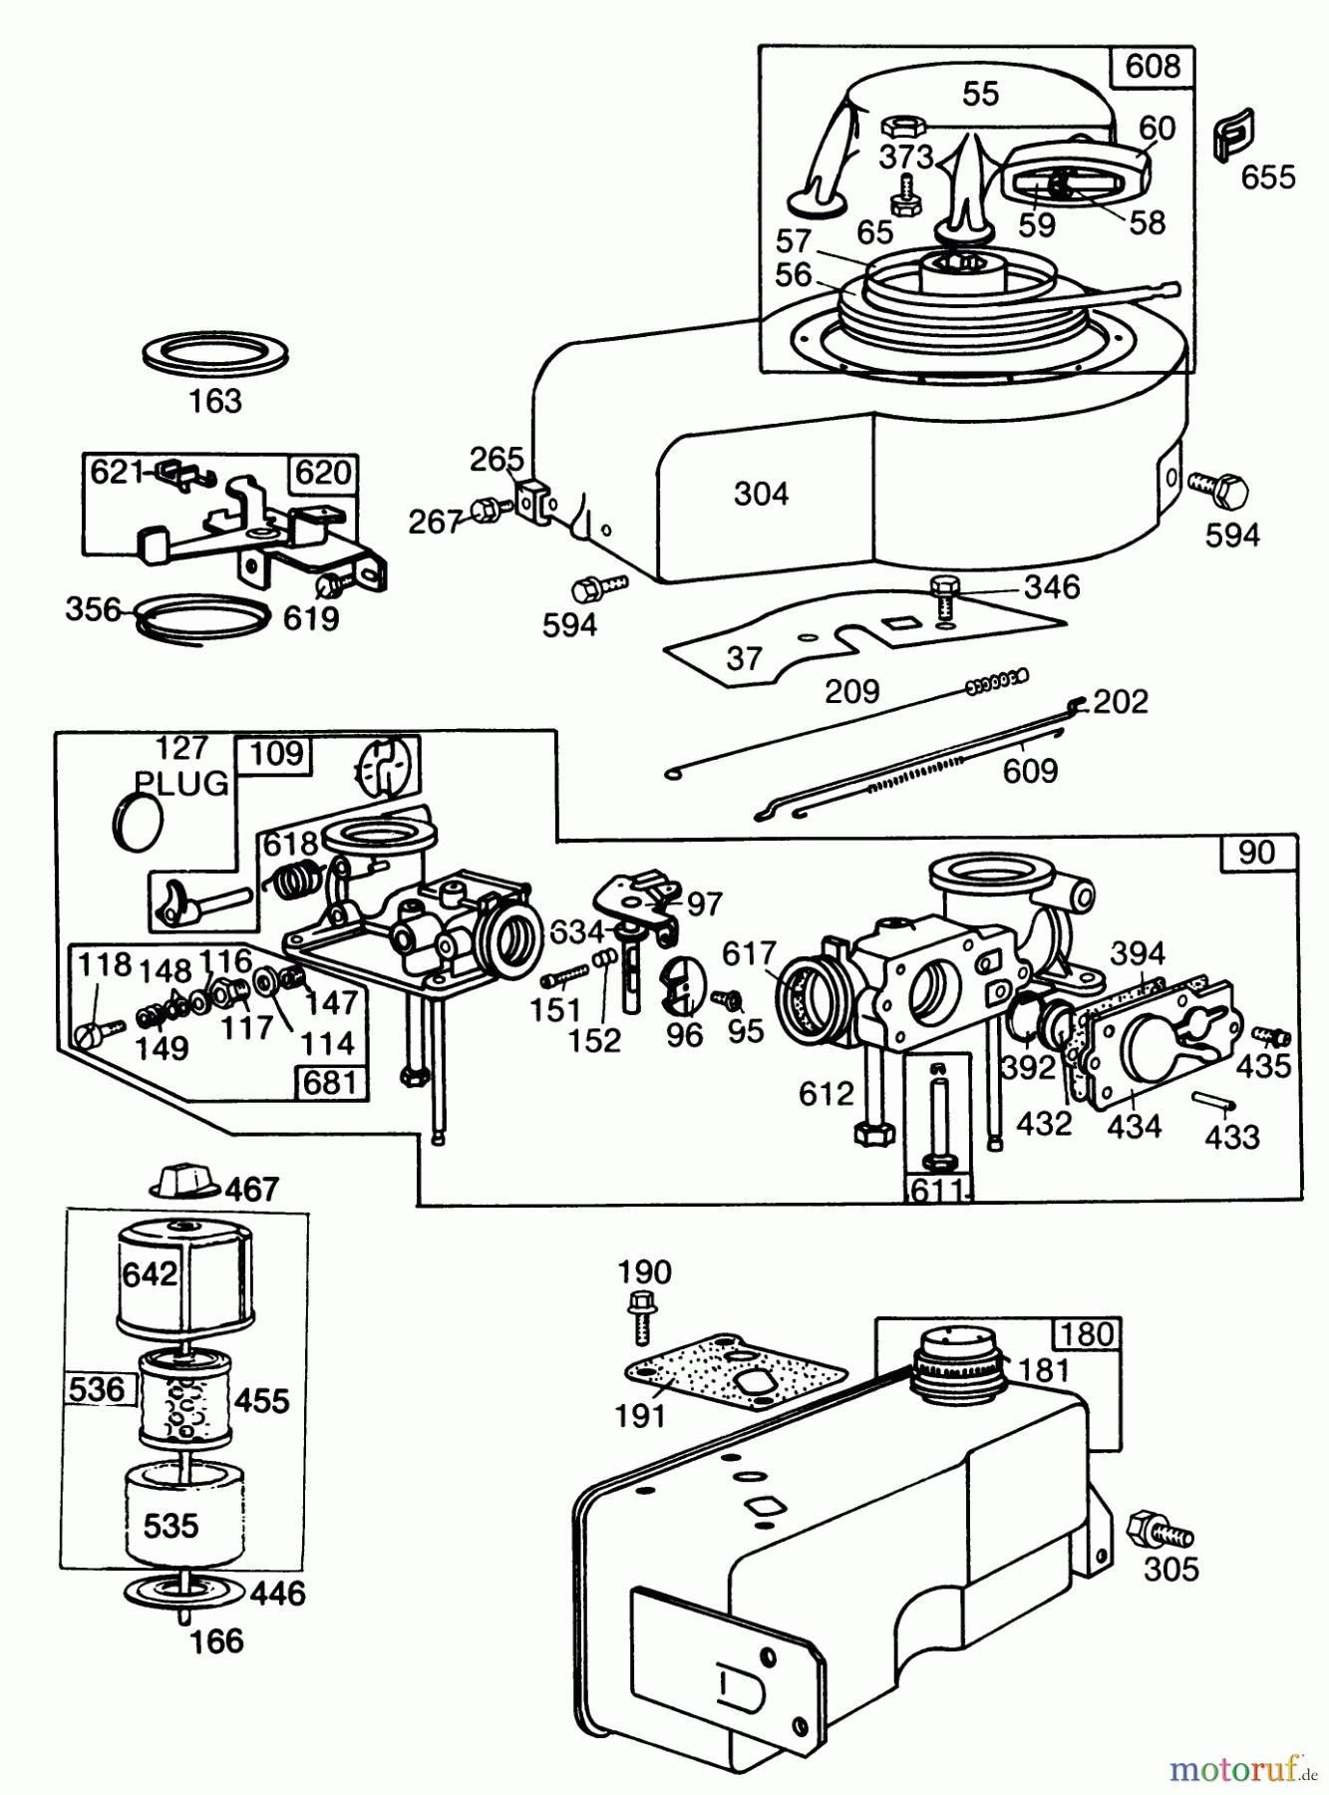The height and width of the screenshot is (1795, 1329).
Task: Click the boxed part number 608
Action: (1152, 66)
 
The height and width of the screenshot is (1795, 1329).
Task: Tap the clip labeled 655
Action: (1233, 136)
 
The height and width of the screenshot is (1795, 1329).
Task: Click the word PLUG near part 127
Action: (182, 783)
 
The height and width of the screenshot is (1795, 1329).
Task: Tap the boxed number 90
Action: (1256, 852)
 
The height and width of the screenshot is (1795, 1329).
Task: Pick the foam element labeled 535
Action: (170, 1525)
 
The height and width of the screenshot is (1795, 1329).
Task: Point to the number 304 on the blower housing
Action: (761, 494)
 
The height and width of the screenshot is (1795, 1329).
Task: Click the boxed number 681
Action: (330, 1082)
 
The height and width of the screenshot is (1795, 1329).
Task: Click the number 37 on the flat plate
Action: (744, 658)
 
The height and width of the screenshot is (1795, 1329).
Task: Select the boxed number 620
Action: (322, 471)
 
